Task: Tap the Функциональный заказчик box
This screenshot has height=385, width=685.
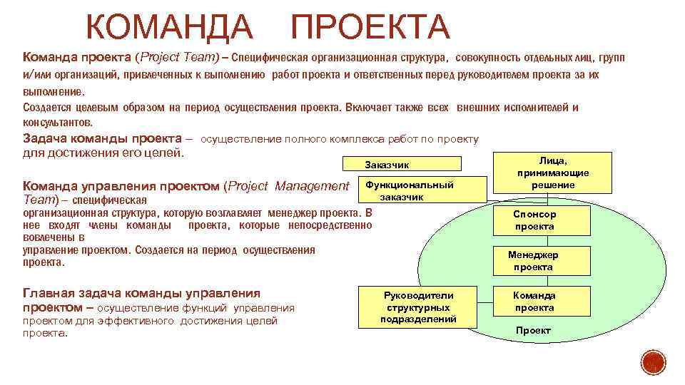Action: tap(409, 190)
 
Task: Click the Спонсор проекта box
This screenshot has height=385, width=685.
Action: tap(534, 220)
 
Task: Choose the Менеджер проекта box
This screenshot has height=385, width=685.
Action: tap(533, 261)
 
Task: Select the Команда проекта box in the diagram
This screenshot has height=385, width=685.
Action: tap(534, 302)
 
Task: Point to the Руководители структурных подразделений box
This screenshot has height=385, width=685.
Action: tap(418, 307)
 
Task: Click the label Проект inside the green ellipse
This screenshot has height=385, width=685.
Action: tap(533, 331)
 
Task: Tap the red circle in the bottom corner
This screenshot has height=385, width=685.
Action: tap(651, 361)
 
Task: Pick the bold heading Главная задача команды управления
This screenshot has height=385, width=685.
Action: tap(142, 293)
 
